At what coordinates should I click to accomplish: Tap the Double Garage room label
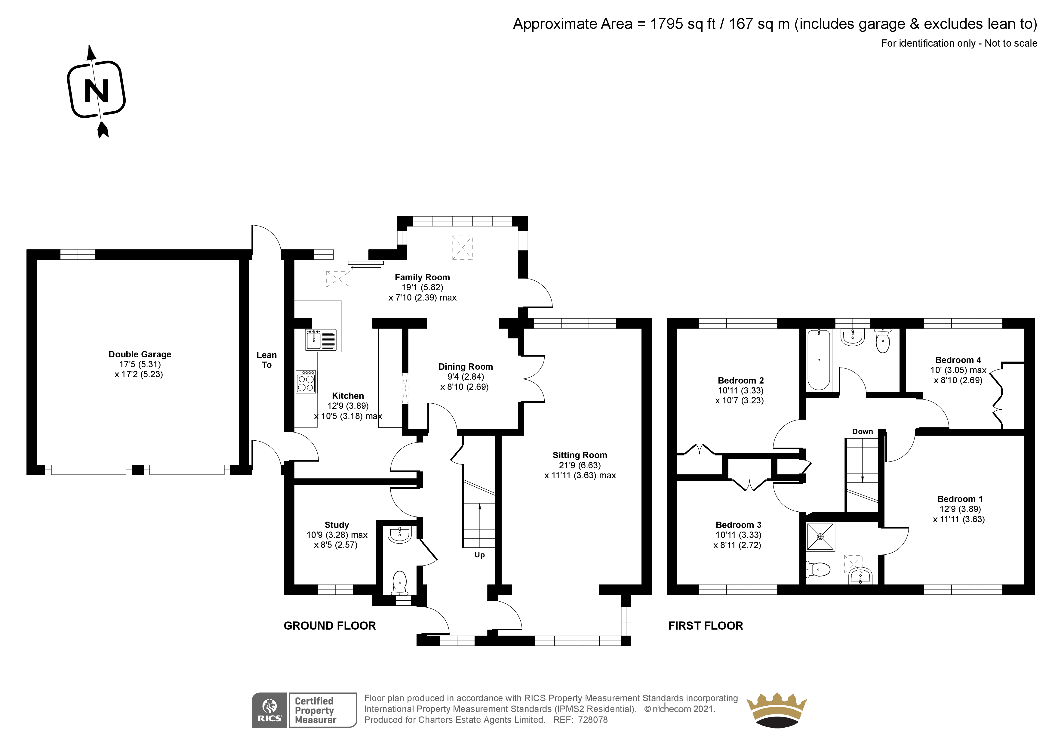[x=140, y=354]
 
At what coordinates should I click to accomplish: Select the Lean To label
[x=266, y=360]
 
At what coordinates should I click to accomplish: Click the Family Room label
[x=422, y=277]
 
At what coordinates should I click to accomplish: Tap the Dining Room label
[x=466, y=367]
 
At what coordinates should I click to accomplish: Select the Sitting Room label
[x=580, y=455]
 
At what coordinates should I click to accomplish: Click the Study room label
[x=337, y=525]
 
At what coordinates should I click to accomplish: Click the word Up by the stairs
[x=480, y=555]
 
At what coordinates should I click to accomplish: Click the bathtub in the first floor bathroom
[x=819, y=360]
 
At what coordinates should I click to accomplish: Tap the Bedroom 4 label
[x=958, y=360]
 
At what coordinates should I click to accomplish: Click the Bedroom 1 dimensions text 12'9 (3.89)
[x=960, y=509]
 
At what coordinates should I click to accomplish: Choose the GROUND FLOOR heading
[x=329, y=626]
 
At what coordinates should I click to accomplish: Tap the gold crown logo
[x=777, y=710]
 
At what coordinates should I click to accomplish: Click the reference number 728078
[x=593, y=720]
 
